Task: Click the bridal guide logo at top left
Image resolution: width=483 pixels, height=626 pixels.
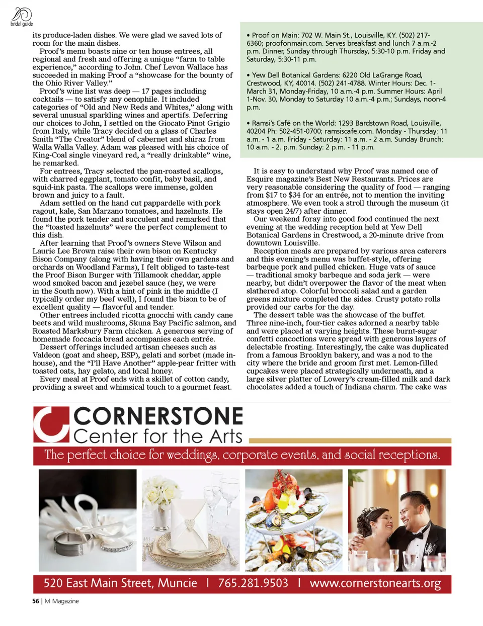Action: click(x=21, y=17)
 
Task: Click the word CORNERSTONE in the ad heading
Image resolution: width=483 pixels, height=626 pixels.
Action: click(x=158, y=417)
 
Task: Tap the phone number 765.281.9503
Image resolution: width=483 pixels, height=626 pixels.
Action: click(x=253, y=583)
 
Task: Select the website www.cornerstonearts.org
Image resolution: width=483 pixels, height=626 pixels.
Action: click(x=375, y=583)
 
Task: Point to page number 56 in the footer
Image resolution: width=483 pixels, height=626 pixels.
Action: click(x=36, y=601)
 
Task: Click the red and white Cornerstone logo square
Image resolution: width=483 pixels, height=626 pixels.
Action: click(x=51, y=425)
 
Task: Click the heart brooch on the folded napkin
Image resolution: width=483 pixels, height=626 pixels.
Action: click(x=189, y=524)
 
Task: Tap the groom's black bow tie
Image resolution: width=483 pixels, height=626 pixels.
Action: click(x=417, y=536)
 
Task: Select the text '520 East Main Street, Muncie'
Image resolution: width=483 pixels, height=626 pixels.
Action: click(x=120, y=583)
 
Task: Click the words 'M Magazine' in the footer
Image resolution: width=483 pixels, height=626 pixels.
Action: click(x=62, y=601)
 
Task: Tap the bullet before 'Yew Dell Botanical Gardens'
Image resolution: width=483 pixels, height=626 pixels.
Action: click(x=249, y=75)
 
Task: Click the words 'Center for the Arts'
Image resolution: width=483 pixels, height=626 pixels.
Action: click(x=158, y=436)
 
